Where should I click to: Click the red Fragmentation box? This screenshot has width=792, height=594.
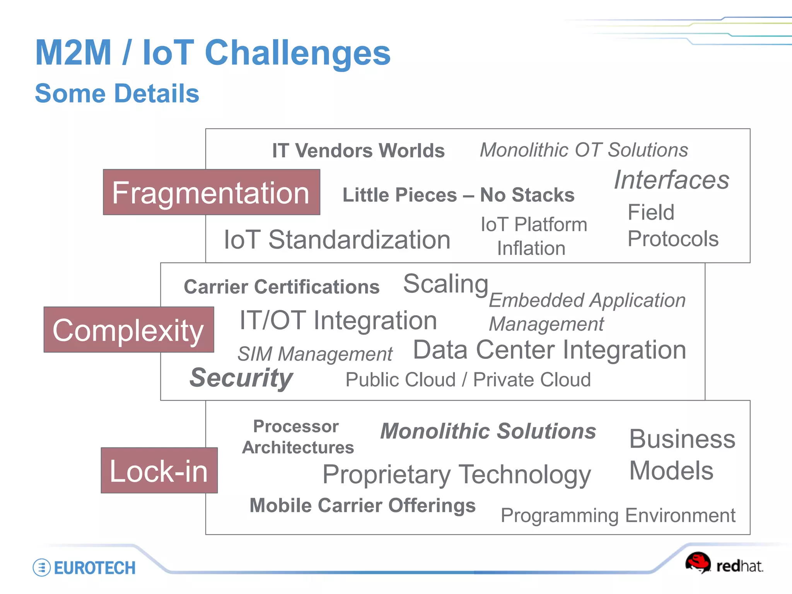pos(211,192)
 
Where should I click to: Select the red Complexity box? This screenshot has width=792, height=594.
pos(128,329)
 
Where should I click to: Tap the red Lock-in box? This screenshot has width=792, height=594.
pos(159,470)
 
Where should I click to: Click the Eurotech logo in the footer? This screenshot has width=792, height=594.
pos(84,568)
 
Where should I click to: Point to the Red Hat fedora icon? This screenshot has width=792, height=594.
pos(698,563)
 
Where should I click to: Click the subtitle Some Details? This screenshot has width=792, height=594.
pos(117,94)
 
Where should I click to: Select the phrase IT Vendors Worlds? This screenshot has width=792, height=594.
pos(358,150)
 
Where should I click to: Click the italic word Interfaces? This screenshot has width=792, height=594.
pos(671,180)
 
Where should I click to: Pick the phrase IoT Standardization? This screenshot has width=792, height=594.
pos(337,239)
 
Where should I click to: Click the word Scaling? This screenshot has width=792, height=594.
pos(445,284)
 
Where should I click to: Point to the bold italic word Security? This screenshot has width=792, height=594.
pos(241,377)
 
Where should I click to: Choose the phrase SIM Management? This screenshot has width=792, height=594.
pos(315,353)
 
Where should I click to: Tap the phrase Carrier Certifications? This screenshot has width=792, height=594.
pos(282,287)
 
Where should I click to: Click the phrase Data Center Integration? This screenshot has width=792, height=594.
pos(549,350)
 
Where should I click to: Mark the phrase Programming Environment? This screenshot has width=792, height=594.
pos(618,515)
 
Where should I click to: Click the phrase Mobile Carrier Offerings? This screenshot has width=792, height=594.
pos(362,505)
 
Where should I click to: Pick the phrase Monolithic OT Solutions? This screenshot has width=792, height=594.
pos(584,150)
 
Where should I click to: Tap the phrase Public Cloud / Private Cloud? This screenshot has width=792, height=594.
pos(468,379)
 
